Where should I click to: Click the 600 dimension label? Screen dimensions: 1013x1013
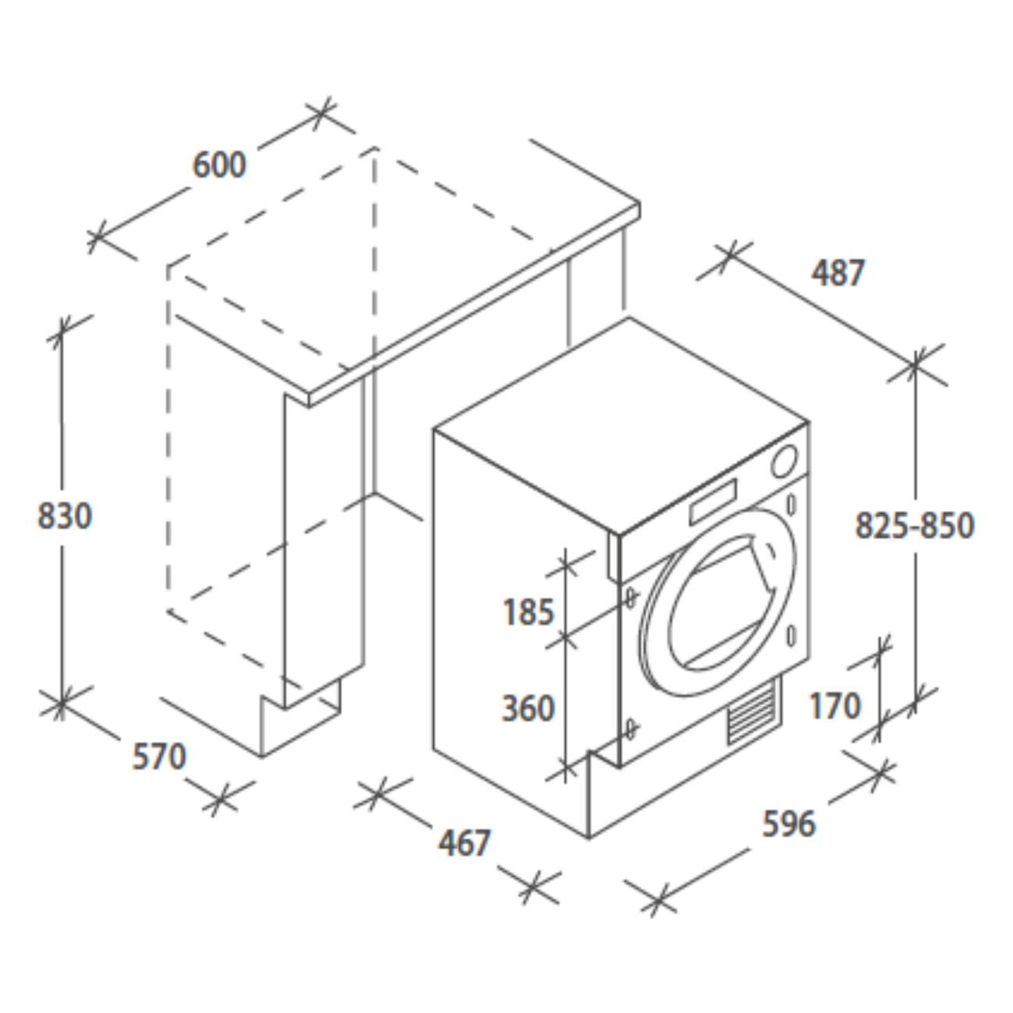tap(220, 164)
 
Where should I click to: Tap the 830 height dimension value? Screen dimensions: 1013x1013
tap(65, 516)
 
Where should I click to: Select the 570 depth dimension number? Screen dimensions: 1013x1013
tap(159, 757)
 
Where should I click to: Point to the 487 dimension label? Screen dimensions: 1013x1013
tap(838, 273)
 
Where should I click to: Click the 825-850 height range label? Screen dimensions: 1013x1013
tap(915, 525)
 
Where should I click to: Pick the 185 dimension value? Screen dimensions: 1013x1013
tap(529, 612)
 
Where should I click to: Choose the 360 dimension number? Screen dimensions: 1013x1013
tap(528, 708)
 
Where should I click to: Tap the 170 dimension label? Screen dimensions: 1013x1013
tap(835, 705)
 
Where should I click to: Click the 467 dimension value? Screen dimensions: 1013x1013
tap(464, 842)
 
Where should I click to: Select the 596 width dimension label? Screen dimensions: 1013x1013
tap(789, 823)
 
